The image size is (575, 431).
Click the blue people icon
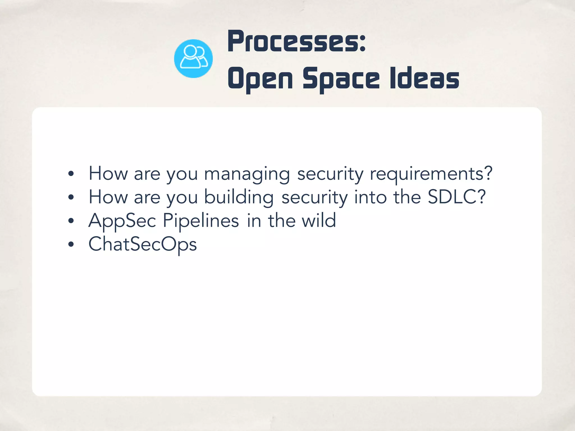click(x=193, y=59)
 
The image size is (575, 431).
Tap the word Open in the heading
click(x=260, y=79)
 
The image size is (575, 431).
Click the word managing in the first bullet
click(x=247, y=174)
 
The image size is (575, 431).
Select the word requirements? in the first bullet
click(x=431, y=174)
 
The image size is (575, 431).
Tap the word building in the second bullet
click(x=239, y=197)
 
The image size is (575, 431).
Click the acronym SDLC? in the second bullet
click(x=457, y=197)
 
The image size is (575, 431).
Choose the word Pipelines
click(x=201, y=221)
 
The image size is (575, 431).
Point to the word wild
click(x=319, y=221)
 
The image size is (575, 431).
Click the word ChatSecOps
click(x=143, y=244)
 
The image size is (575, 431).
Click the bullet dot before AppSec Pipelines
click(x=71, y=221)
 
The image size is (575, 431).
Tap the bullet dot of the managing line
click(x=71, y=174)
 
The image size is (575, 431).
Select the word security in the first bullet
click(x=330, y=174)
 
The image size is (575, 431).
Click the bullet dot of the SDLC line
click(x=71, y=197)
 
